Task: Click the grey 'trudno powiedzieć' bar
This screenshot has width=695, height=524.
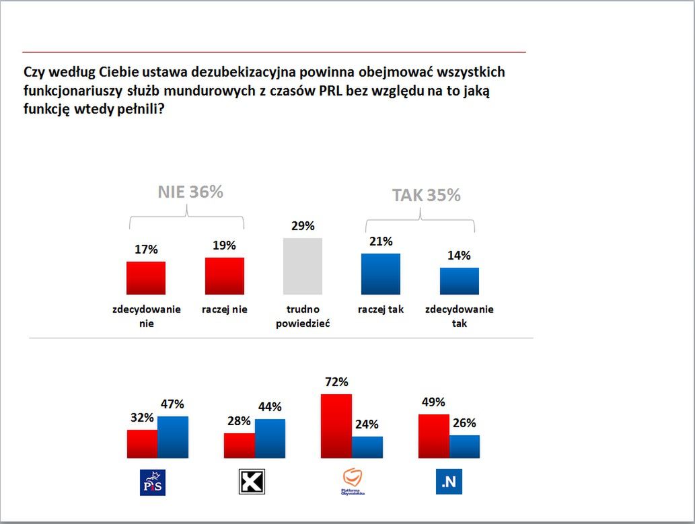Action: pyautogui.click(x=302, y=266)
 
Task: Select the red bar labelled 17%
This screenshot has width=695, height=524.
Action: pyautogui.click(x=146, y=278)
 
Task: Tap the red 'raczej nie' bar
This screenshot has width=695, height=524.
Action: pyautogui.click(x=224, y=276)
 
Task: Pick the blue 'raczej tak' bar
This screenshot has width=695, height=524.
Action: pyautogui.click(x=380, y=274)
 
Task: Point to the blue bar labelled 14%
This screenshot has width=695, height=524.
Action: pyautogui.click(x=459, y=281)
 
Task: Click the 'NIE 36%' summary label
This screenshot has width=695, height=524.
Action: pyautogui.click(x=190, y=192)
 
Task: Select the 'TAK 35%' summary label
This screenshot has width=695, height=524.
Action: pyautogui.click(x=426, y=195)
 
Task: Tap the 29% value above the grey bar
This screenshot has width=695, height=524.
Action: pyautogui.click(x=303, y=226)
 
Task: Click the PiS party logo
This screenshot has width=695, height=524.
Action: pyautogui.click(x=153, y=482)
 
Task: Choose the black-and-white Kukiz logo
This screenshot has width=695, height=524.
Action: pyautogui.click(x=252, y=482)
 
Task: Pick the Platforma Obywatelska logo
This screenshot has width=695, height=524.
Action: pyautogui.click(x=353, y=482)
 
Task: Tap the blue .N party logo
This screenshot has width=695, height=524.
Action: pyautogui.click(x=448, y=482)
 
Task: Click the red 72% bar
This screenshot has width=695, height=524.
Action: pyautogui.click(x=336, y=426)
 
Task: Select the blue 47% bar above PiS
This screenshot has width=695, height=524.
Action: pyautogui.click(x=172, y=437)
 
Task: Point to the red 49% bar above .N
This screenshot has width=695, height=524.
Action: pyautogui.click(x=433, y=436)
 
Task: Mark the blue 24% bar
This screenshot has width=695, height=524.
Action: pyautogui.click(x=367, y=447)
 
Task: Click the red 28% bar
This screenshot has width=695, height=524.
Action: pyautogui.click(x=239, y=445)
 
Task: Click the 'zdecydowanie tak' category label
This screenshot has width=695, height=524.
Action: pyautogui.click(x=460, y=316)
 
